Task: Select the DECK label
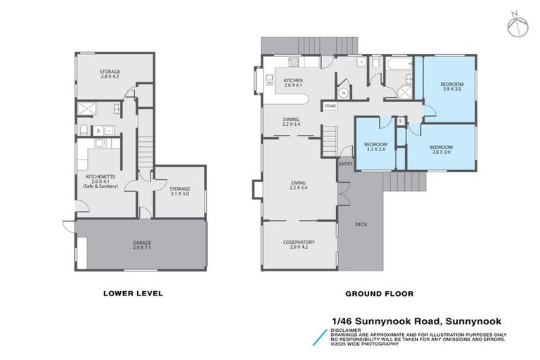[x=361, y=224]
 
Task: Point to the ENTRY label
[x=345, y=165]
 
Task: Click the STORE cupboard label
[x=330, y=106]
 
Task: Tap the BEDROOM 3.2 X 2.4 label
[x=376, y=146]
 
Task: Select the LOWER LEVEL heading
[x=133, y=293]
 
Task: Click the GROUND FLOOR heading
[x=379, y=293]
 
